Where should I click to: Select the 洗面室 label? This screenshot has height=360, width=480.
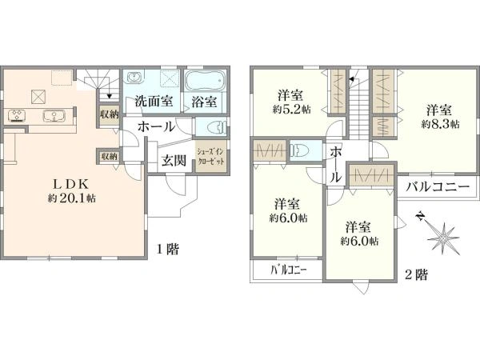coord(154,102)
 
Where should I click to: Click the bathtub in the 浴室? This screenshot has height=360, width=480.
coord(206,82)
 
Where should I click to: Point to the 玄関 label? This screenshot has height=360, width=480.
coord(174,160)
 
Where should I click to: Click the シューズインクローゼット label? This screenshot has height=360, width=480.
coord(211,155)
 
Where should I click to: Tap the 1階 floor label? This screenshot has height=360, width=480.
coord(167,249)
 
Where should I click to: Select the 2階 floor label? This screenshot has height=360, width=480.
coord(415,274)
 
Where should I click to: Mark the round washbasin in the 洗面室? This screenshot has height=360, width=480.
coord(134,78)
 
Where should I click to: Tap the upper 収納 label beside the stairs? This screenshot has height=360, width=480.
coord(109,114)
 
